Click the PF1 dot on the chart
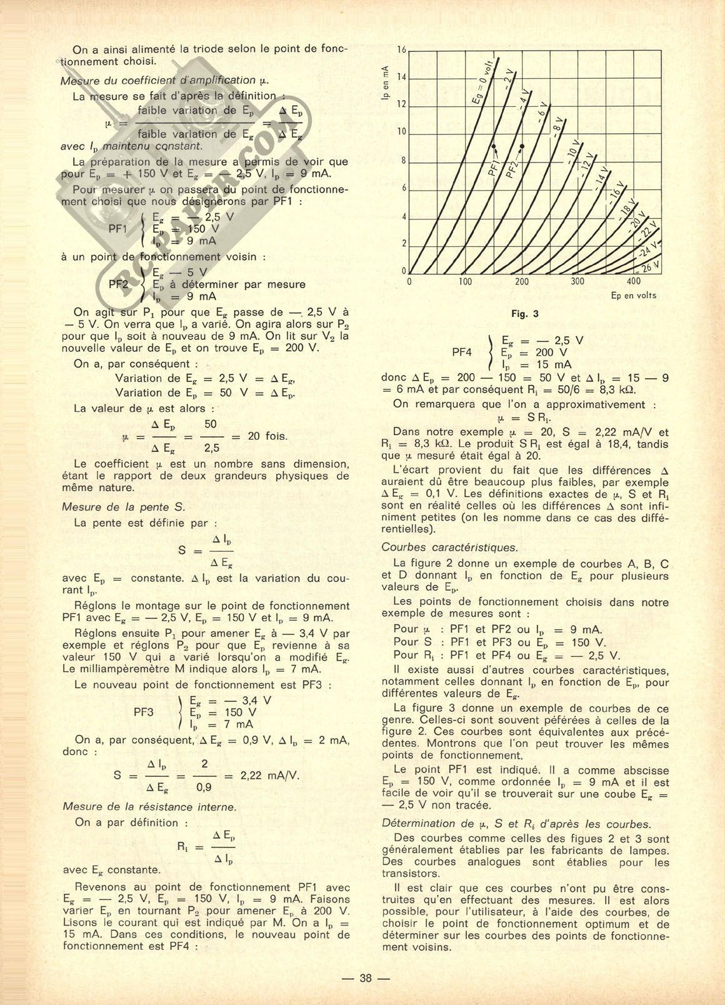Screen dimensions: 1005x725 coord(494,146)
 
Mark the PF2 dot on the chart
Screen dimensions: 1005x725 coord(522,146)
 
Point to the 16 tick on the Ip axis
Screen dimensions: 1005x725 coord(402,50)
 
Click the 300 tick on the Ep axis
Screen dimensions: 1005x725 coord(578,282)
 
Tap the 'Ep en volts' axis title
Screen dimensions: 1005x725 coord(633,296)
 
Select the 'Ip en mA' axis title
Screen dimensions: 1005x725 coord(385,83)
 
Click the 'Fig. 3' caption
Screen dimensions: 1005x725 coord(525,314)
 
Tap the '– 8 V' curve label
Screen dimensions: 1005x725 coord(556,127)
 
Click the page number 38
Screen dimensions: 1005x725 coord(366,979)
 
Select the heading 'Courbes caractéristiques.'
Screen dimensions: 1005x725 coord(449,547)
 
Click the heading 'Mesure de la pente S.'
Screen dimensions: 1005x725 coord(124,507)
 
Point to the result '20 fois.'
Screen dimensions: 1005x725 coord(267,436)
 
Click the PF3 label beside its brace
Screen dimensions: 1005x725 coord(144,712)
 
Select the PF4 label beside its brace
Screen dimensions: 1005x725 coord(461,352)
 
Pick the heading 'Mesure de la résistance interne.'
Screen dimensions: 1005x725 coord(149,807)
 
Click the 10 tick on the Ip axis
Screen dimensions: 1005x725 coord(402,132)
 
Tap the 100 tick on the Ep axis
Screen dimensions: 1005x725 coord(466,282)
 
